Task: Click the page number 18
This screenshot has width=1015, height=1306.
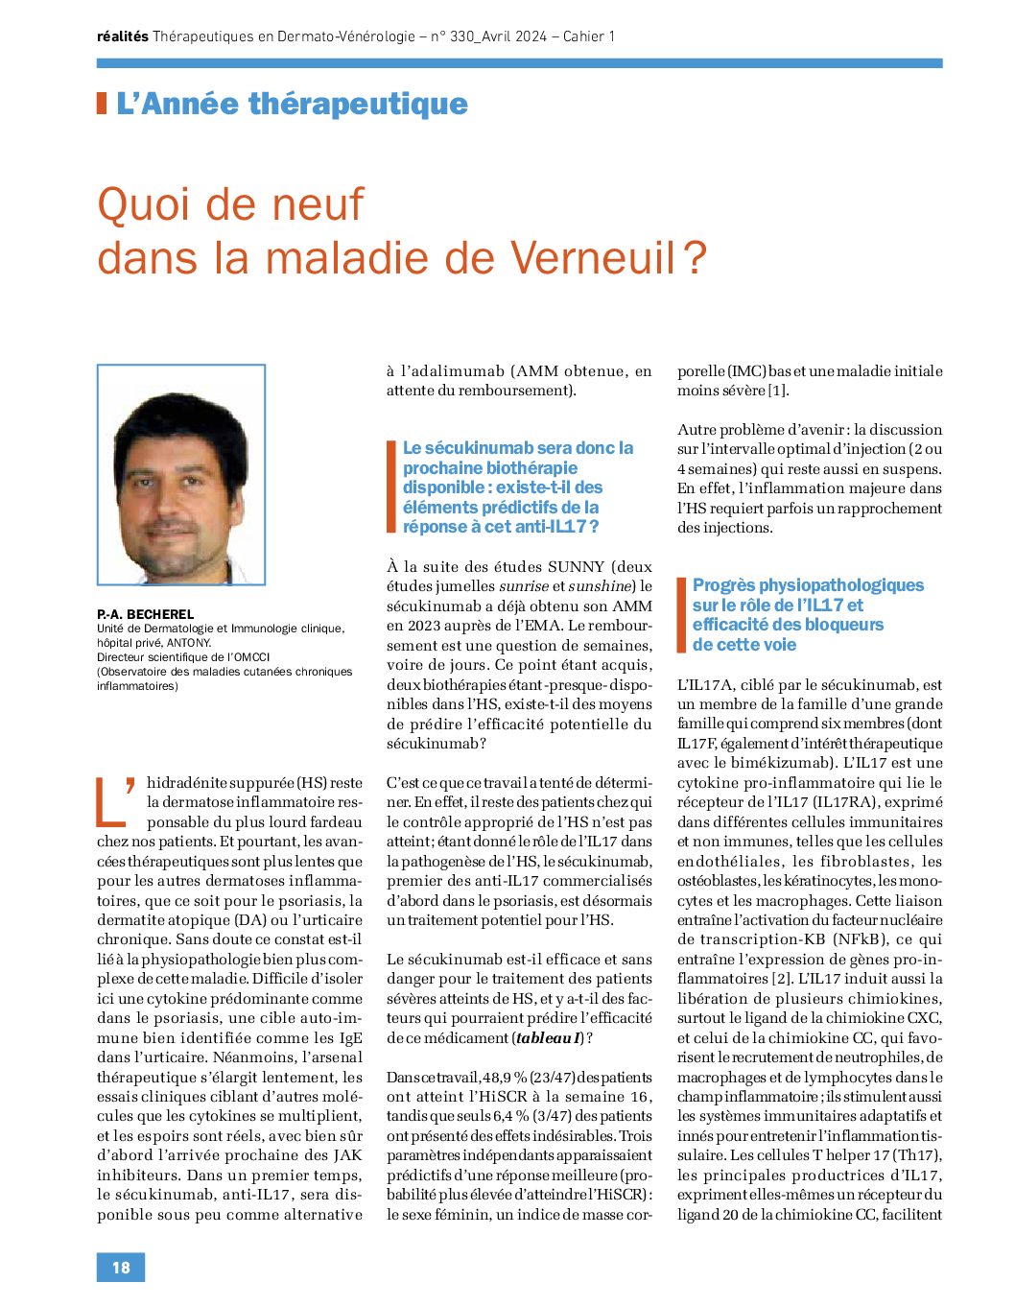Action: (x=121, y=1268)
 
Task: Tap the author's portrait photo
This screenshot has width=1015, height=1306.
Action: (x=181, y=475)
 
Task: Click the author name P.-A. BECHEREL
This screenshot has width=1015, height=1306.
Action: (x=145, y=614)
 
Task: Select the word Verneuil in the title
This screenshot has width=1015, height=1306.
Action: (x=594, y=257)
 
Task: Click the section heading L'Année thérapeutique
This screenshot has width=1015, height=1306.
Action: (x=292, y=104)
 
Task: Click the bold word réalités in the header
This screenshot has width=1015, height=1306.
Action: (x=123, y=36)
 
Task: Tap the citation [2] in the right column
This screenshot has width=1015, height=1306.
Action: (x=784, y=979)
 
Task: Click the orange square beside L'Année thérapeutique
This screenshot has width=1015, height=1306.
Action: (x=102, y=104)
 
